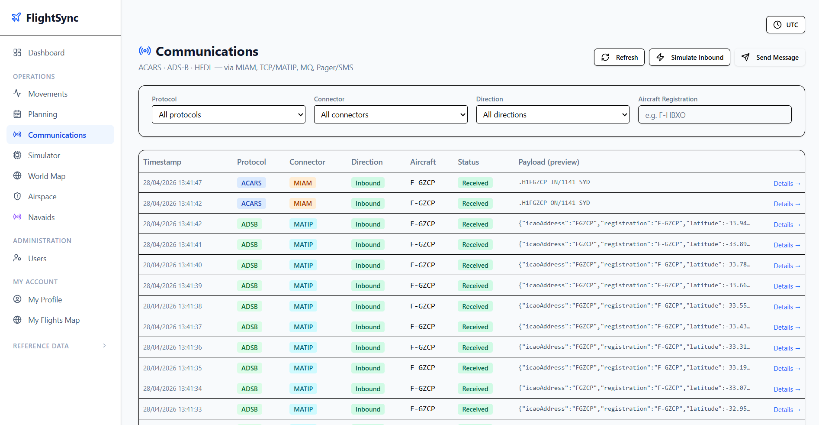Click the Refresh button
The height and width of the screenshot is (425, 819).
619,57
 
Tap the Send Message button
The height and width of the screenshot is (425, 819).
770,57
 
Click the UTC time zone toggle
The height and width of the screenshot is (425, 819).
785,25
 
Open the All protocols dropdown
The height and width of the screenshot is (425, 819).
228,114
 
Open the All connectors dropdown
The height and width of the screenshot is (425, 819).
391,114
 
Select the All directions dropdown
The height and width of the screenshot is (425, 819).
552,114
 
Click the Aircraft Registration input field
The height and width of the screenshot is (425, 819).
715,114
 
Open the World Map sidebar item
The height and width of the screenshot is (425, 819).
47,176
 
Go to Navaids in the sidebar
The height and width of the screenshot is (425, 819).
42,217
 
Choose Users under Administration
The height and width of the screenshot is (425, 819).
37,258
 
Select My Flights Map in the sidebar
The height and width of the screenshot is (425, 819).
54,320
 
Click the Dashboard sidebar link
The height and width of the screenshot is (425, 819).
46,52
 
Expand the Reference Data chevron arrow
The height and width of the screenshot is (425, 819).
104,346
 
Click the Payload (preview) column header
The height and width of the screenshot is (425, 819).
549,162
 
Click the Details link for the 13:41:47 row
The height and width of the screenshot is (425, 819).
787,183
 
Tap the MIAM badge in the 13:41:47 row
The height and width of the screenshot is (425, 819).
303,183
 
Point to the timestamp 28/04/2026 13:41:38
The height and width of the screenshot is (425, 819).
173,306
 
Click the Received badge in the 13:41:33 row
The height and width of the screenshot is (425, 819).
475,409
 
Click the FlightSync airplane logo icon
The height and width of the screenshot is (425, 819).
16,17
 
